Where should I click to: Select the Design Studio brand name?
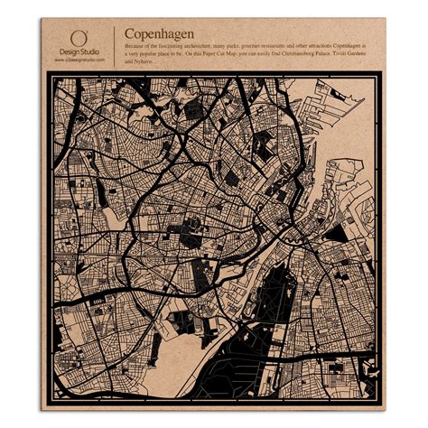coord(79,52)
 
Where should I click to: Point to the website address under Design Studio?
coord(79,60)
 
